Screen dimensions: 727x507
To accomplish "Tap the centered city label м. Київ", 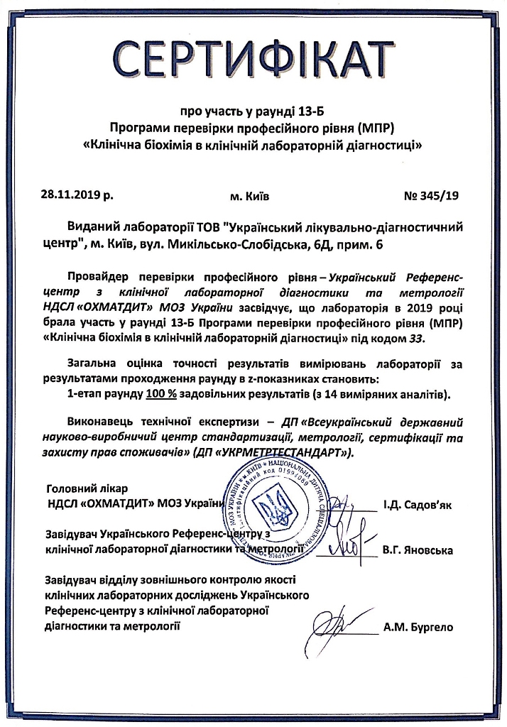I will pyautogui.click(x=250, y=193).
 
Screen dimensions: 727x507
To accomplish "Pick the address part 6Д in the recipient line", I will pyautogui.click(x=366, y=245).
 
